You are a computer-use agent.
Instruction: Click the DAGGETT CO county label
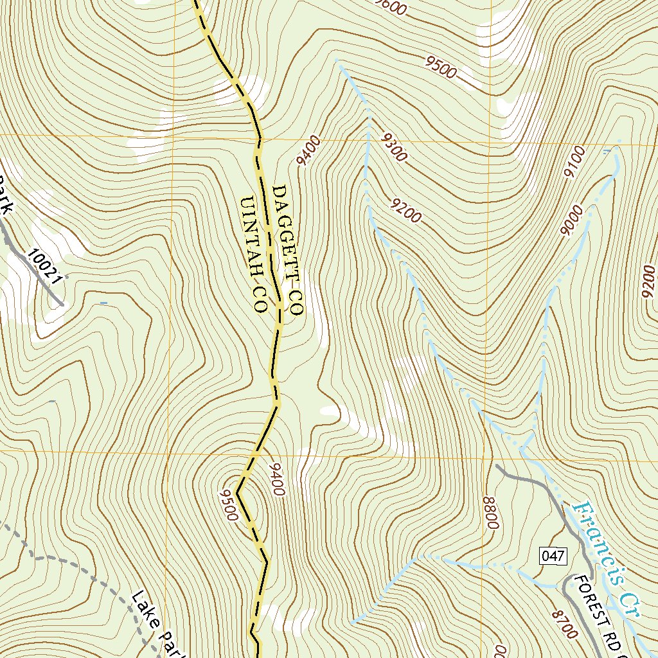287,250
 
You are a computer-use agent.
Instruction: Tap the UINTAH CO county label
253,254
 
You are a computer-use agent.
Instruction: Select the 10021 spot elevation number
46,266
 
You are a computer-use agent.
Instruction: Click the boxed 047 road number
553,556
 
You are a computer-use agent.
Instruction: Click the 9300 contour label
393,147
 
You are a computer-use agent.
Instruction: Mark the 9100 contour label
574,162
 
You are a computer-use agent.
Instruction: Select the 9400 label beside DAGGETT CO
308,150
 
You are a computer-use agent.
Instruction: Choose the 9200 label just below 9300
406,211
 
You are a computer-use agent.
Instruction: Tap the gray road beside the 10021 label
32,263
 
